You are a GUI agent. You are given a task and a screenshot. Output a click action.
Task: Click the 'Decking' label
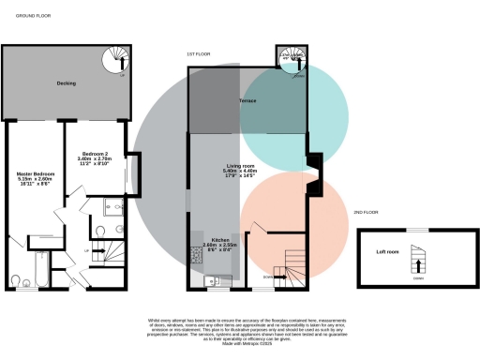click(66, 83)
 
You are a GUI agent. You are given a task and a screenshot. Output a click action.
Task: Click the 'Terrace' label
click(247, 99)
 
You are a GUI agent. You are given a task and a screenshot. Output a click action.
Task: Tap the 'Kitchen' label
click(221, 240)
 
